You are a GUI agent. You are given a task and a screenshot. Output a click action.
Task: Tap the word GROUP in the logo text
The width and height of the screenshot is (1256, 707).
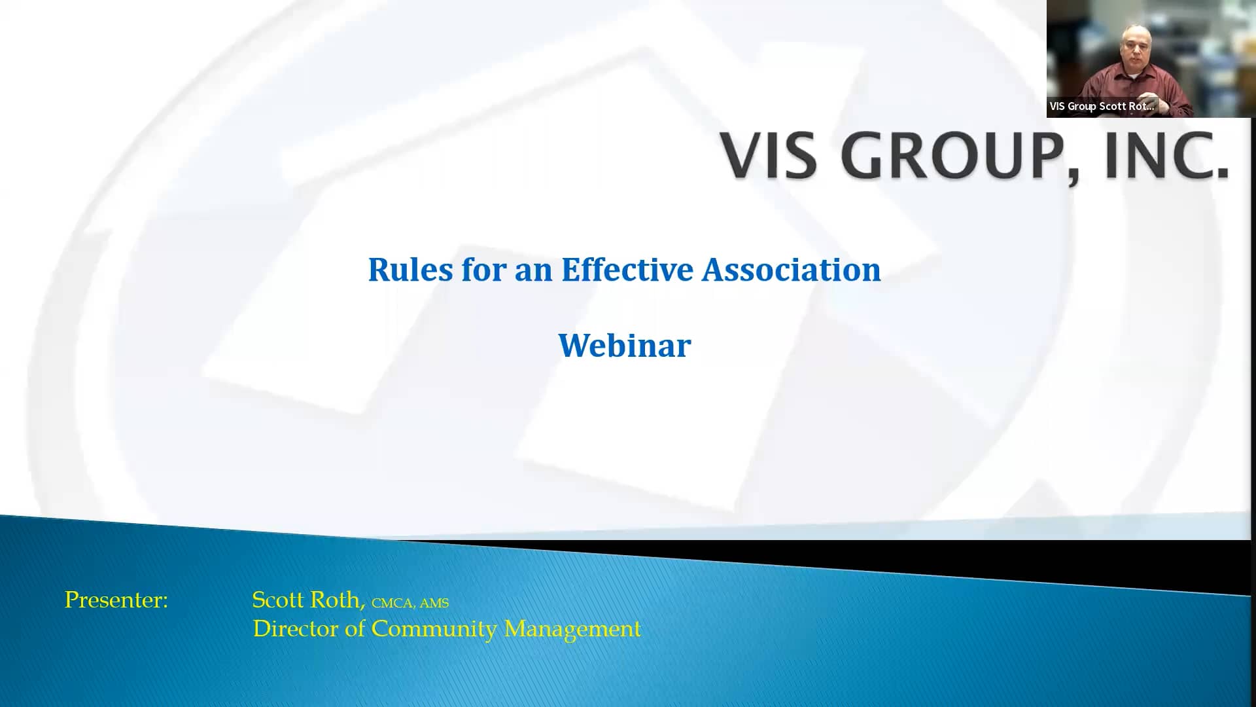click(x=960, y=156)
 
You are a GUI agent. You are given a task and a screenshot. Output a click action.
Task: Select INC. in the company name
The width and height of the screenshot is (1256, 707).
click(x=1166, y=156)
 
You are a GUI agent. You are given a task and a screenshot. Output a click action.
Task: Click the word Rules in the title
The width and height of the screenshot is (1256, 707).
click(x=410, y=270)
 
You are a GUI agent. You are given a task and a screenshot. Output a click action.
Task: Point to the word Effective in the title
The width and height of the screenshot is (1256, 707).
click(x=627, y=270)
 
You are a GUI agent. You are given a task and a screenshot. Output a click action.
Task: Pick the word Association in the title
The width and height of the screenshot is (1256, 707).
click(x=791, y=270)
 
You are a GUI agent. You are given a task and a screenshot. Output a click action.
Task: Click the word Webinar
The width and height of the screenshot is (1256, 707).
click(x=624, y=346)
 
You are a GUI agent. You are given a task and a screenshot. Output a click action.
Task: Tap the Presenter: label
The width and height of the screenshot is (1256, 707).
click(x=116, y=600)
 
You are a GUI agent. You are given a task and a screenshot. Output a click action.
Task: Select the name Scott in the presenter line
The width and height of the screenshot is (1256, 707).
click(x=278, y=600)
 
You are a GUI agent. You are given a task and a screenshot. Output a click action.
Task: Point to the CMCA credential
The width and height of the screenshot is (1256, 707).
click(x=392, y=603)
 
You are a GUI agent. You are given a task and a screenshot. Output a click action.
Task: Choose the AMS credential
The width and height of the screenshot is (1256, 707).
click(x=434, y=603)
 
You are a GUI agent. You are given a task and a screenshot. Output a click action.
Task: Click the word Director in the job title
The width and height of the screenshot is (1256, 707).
click(x=296, y=629)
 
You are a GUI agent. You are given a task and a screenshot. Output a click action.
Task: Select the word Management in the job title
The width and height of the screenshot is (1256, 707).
click(x=572, y=629)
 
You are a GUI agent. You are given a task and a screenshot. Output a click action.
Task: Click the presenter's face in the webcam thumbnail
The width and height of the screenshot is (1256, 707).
click(x=1136, y=49)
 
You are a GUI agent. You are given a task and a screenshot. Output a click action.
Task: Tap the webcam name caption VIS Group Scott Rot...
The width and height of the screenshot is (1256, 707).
click(x=1102, y=106)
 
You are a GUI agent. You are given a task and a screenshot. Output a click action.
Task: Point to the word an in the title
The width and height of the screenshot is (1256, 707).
click(x=533, y=270)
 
